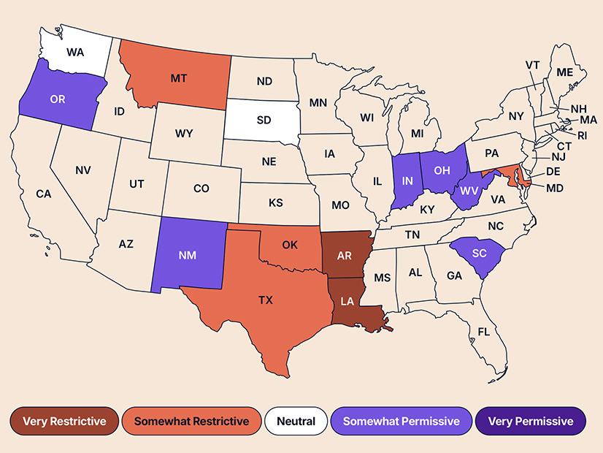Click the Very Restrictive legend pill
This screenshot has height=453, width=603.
pos(64,421)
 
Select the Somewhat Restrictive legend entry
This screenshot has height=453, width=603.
pos(191,421)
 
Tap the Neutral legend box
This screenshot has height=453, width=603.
pos(296,421)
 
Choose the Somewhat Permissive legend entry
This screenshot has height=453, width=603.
pos(401,421)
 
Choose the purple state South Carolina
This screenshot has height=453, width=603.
pos(479,253)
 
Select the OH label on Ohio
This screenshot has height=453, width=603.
pos(440,171)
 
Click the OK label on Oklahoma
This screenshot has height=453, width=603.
pos(290,245)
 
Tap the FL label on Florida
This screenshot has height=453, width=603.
pos(483,332)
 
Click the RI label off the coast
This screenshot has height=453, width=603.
pos(582,135)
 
